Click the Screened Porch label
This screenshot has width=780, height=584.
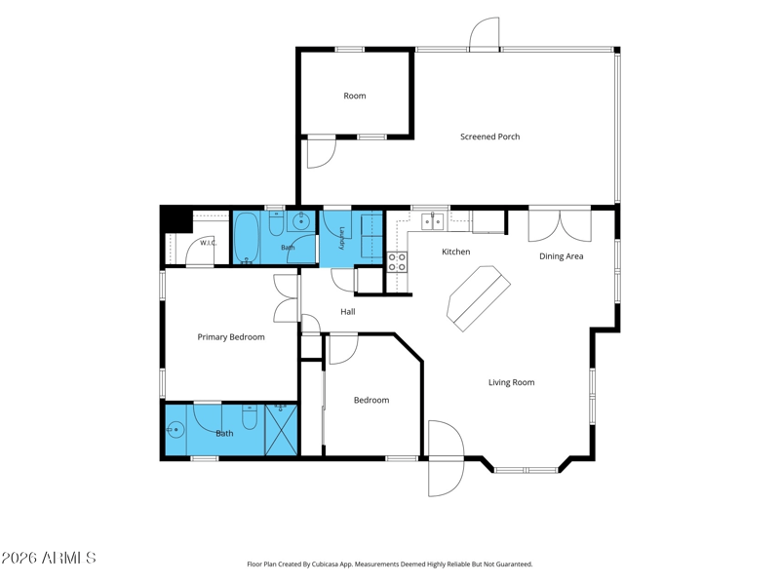[x=490, y=136]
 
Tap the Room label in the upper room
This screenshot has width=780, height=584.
[x=355, y=96]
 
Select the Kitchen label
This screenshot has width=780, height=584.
[x=455, y=252]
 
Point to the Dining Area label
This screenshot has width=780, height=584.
[x=562, y=256]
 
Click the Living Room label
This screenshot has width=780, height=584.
[x=511, y=382]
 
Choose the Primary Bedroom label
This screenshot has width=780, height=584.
[x=231, y=337]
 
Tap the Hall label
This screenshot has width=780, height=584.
[x=348, y=312]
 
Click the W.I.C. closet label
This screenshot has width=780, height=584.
[x=209, y=243]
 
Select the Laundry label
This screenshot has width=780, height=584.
[x=342, y=238]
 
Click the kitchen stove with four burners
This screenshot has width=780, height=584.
[x=397, y=262]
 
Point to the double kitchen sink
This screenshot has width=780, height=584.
[x=433, y=221]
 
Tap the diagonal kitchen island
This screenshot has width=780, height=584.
[x=479, y=298]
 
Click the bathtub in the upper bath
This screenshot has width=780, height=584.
[x=246, y=238]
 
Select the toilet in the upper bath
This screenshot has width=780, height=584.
[x=276, y=224]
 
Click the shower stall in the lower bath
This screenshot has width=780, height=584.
[x=281, y=430]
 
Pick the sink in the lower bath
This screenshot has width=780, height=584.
[x=175, y=429]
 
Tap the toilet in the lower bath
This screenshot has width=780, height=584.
[x=250, y=417]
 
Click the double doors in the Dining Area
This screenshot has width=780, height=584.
[x=560, y=226]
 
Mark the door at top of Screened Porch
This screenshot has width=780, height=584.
[x=485, y=34]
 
